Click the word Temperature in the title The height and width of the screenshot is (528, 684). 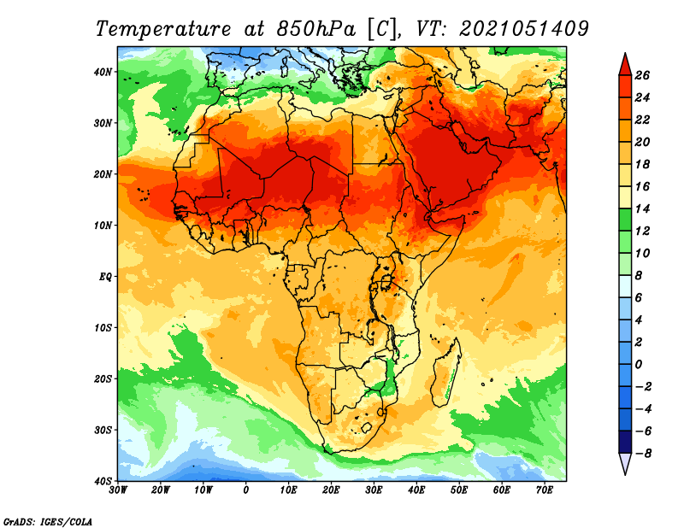162,29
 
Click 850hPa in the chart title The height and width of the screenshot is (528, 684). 316,29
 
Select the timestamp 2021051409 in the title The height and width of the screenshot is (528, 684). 524,29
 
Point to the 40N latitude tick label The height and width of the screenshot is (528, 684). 103,72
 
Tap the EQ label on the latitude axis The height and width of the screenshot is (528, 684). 105,277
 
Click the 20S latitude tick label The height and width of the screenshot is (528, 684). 103,378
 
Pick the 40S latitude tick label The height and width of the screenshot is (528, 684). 103,481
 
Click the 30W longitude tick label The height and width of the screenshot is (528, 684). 118,490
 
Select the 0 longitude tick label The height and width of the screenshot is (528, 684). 246,490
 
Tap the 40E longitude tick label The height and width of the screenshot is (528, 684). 416,490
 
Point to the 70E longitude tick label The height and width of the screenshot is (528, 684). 545,490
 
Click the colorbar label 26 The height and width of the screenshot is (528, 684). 642,75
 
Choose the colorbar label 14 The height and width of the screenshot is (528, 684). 642,208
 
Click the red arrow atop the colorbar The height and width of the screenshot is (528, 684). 625,64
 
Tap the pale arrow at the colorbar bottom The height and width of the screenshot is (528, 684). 625,464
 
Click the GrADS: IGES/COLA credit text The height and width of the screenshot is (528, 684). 48,522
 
